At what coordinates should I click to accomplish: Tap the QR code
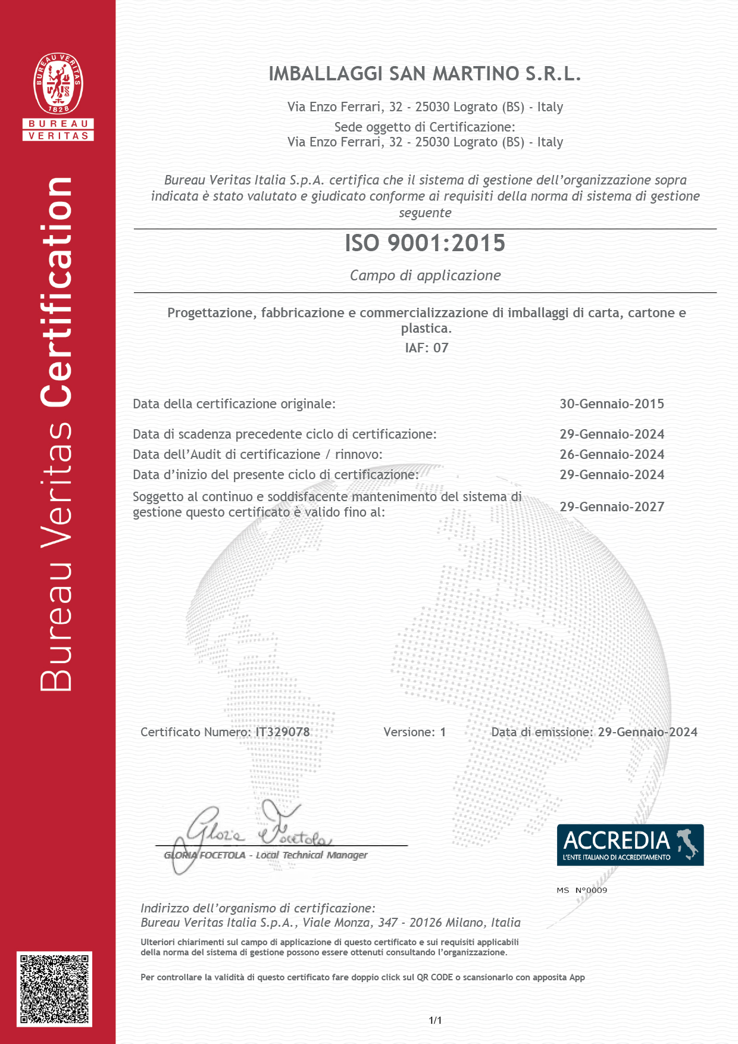[54, 989]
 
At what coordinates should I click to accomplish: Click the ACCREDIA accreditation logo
[630, 845]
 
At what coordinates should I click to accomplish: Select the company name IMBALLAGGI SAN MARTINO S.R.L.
[424, 74]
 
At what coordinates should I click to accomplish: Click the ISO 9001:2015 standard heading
[425, 243]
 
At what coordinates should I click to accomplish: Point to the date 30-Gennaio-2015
[611, 404]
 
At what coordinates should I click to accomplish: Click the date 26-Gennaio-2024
[611, 454]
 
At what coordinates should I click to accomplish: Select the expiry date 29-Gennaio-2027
[611, 507]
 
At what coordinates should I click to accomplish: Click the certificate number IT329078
[283, 732]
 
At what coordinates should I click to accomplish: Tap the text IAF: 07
[426, 348]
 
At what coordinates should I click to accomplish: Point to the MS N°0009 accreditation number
[581, 890]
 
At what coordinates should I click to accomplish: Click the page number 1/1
[435, 1020]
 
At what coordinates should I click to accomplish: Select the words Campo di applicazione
[425, 276]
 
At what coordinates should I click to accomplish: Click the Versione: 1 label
[414, 732]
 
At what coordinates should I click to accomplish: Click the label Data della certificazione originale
[234, 404]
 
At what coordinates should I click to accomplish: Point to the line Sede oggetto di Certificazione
[424, 127]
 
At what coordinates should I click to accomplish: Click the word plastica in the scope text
[425, 328]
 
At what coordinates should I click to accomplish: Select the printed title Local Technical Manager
[311, 855]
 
